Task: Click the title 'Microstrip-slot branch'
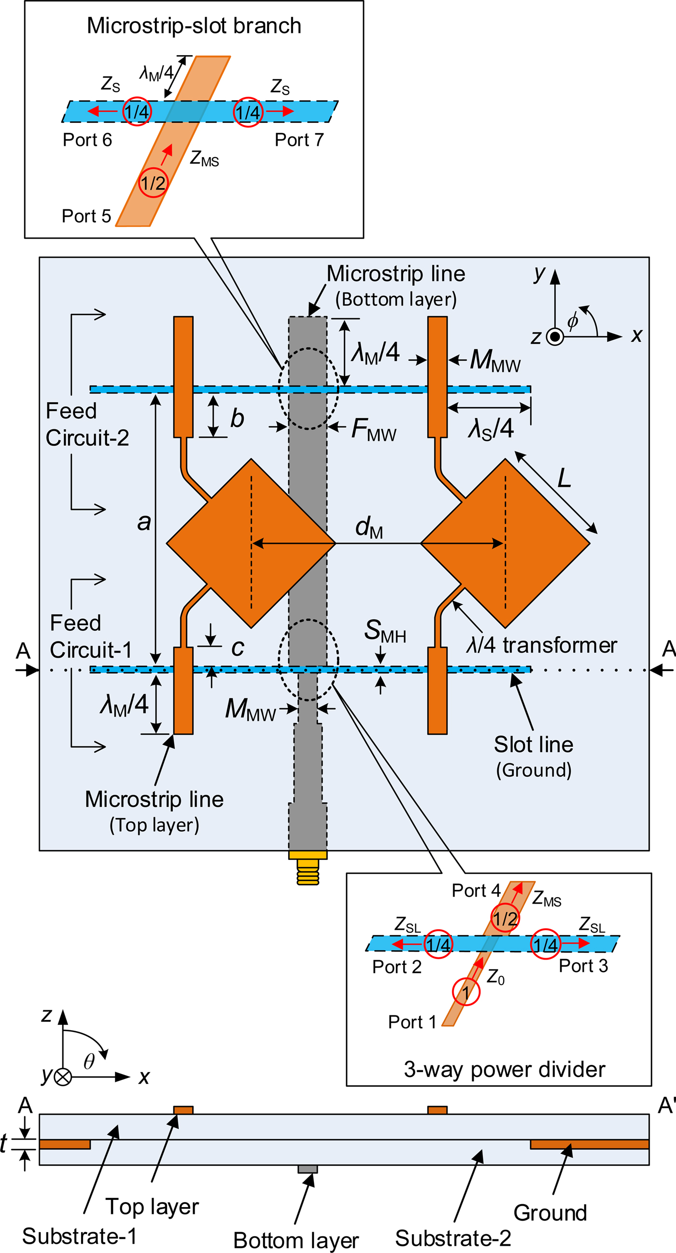click(194, 26)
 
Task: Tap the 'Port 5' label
click(86, 216)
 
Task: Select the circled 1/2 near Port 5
click(153, 183)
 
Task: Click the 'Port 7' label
click(299, 140)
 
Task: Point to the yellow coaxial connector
click(308, 868)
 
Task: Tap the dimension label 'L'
click(564, 478)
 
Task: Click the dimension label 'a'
click(144, 523)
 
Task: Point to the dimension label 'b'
click(237, 418)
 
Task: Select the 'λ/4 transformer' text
click(541, 645)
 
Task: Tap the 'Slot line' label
click(534, 745)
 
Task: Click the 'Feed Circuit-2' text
click(87, 424)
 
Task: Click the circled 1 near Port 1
click(466, 992)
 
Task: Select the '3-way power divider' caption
click(505, 1070)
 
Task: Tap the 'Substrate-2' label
click(453, 1238)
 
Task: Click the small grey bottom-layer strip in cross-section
click(308, 1169)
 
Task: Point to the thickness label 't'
click(4, 1144)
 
